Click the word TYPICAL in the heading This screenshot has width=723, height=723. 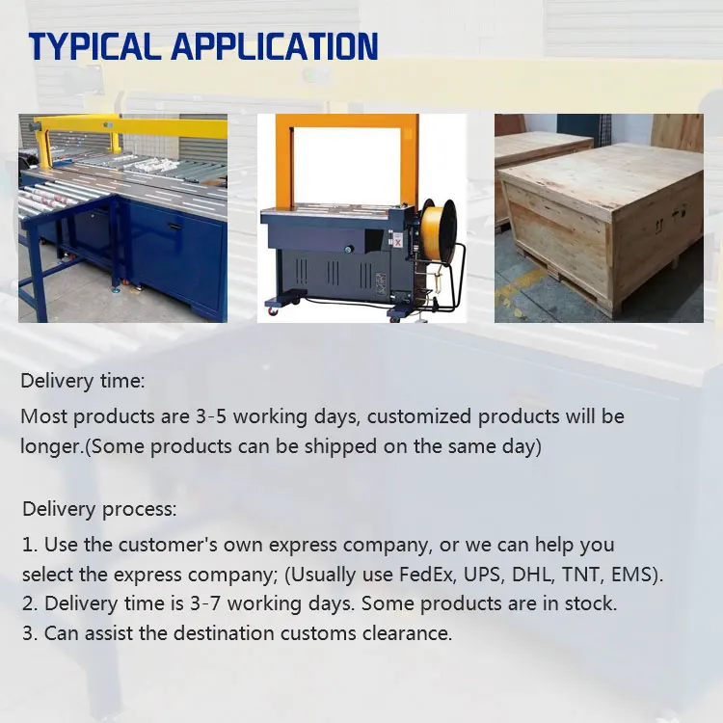pos(94,46)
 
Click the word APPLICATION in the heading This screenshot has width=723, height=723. pos(275,46)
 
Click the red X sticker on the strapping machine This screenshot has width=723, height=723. pos(398,240)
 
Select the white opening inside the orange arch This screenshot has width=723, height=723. pos(347,165)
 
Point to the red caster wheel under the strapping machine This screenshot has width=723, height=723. pos(274,311)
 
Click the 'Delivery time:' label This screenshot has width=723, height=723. pos(83,382)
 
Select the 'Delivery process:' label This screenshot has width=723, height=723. pos(99,510)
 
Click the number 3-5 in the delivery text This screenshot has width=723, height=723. pos(211,416)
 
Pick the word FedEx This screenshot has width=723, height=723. pos(426,575)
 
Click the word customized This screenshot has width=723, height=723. pos(419,416)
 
